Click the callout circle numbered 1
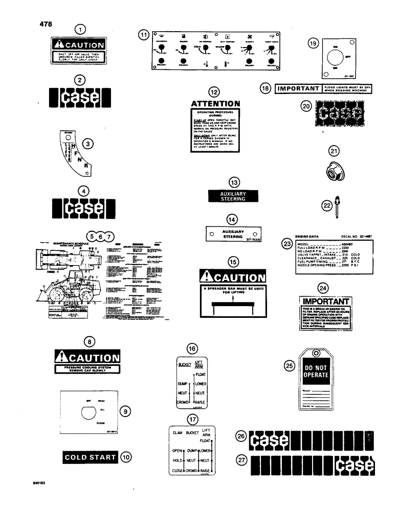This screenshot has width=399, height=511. coord(80,30)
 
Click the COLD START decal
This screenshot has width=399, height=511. coord(90,457)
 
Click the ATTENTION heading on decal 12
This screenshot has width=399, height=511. coord(215,104)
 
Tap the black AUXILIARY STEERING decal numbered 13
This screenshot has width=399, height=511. coord(233,197)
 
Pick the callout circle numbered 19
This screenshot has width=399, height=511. coord(313,44)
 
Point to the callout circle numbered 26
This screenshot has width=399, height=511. coord(240,436)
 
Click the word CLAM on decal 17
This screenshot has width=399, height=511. coord(178,432)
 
